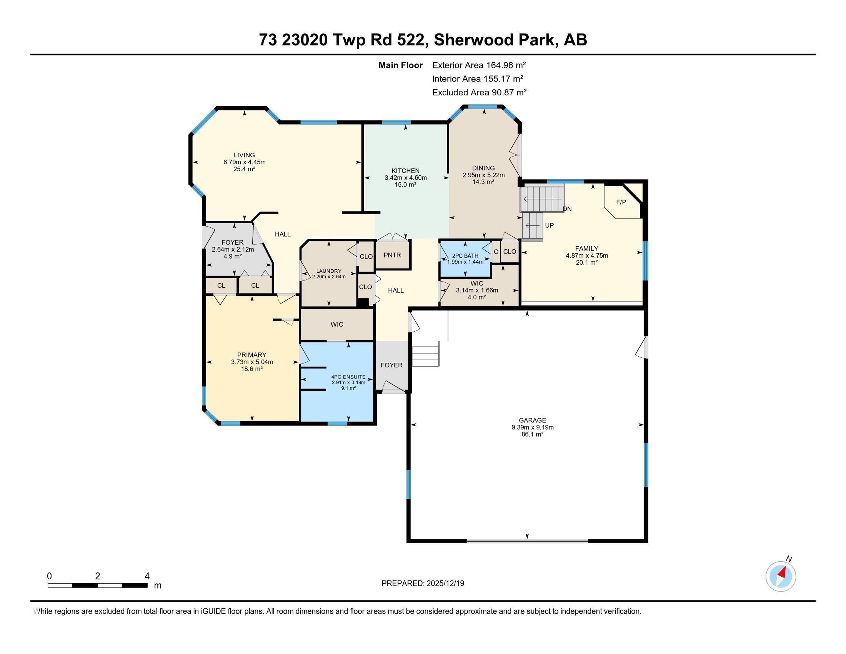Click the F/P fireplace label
click(621, 202)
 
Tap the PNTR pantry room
click(392, 255)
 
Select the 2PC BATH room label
click(465, 256)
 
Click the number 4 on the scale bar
click(147, 576)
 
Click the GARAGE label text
click(532, 420)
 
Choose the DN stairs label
click(567, 209)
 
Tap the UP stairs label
click(549, 225)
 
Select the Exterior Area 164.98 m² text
click(479, 65)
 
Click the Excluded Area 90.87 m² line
click(479, 92)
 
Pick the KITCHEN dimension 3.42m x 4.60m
click(405, 178)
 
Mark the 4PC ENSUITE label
click(348, 377)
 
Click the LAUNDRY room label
click(328, 271)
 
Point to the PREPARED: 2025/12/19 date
click(423, 584)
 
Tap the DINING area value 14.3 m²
click(483, 182)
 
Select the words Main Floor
click(400, 65)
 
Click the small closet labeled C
click(495, 252)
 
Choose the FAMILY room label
click(586, 249)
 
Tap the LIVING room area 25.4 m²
click(244, 169)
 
